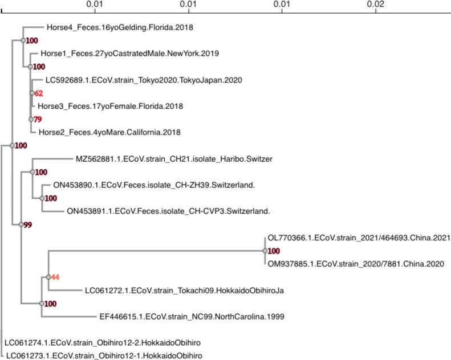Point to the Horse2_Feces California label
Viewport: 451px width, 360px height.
pos(109,132)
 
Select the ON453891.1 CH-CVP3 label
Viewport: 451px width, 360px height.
pos(168,211)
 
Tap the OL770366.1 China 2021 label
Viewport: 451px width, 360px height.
pos(359,238)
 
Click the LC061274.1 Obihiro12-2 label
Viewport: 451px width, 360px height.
pos(103,343)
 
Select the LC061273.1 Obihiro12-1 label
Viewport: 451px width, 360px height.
pos(103,356)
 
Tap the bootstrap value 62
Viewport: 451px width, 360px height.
pos(39,93)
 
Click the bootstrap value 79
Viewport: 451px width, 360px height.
pos(39,119)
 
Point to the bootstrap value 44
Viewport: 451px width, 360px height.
pos(56,277)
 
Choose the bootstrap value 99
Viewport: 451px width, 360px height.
pos(27,225)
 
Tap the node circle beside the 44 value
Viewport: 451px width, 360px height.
pos(48,277)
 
